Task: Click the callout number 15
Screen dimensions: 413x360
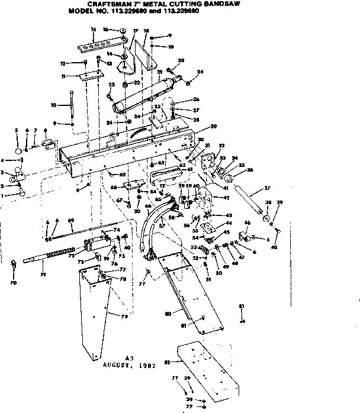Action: coord(93,29)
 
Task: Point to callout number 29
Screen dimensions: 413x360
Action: coord(197,127)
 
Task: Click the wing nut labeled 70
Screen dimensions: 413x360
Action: coord(14,262)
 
